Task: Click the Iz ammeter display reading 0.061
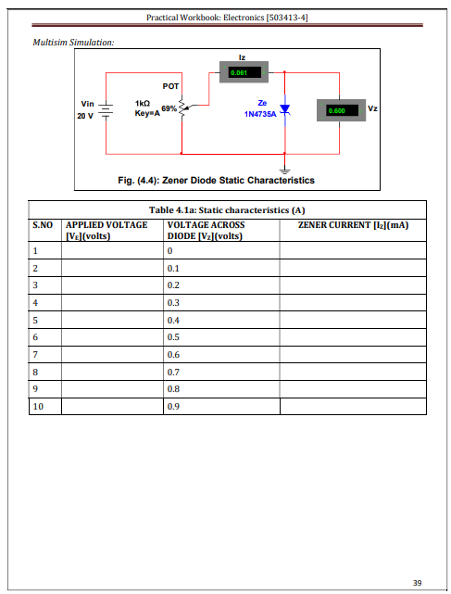[x=244, y=72]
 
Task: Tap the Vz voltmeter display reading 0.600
[x=341, y=110]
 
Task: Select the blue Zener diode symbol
[x=284, y=109]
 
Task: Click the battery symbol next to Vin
[x=106, y=108]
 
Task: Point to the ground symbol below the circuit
[x=284, y=171]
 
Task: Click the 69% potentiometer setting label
[x=169, y=108]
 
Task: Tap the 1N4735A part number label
[x=260, y=114]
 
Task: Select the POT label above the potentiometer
[x=170, y=86]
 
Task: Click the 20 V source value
[x=85, y=116]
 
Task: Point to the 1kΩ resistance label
[x=143, y=103]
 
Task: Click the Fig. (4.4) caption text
[x=216, y=181]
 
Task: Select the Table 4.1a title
[x=227, y=210]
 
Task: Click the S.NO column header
[x=43, y=225]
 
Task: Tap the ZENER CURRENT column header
[x=353, y=225]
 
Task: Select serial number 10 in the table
[x=38, y=407]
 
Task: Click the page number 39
[x=418, y=583]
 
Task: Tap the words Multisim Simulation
[x=73, y=42]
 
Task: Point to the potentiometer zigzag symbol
[x=182, y=106]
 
